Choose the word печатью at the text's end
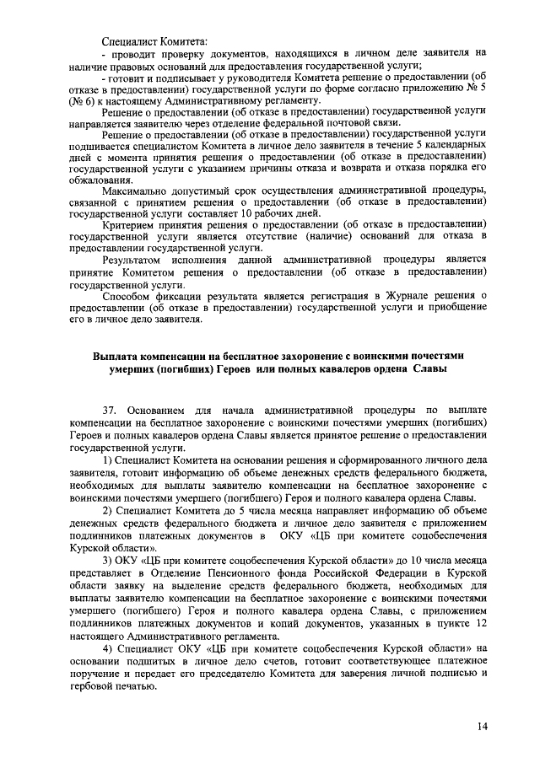point(132,686)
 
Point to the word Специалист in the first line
point(130,40)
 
